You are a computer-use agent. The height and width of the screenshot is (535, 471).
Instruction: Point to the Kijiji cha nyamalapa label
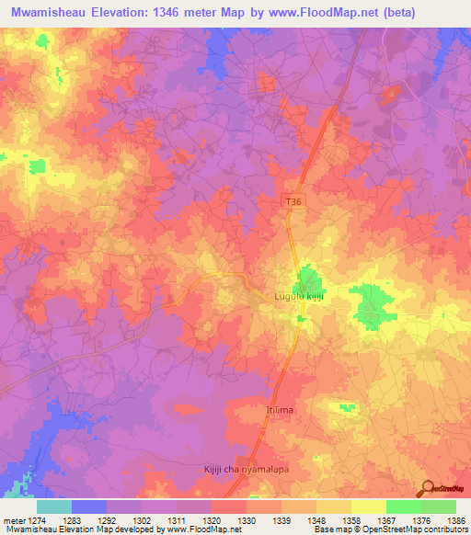pos(246,470)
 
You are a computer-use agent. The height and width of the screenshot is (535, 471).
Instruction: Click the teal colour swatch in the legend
pos(54,507)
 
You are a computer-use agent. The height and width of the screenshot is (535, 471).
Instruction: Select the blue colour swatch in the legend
pos(89,507)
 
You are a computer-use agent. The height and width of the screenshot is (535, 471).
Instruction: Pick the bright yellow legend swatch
pos(368,507)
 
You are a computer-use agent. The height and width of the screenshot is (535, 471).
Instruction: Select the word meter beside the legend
pos(16,520)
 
